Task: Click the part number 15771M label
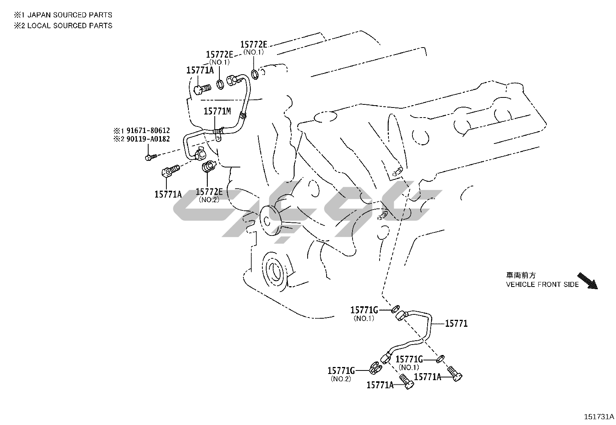pyautogui.click(x=217, y=112)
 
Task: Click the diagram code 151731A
pyautogui.click(x=599, y=417)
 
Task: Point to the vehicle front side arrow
pyautogui.click(x=587, y=281)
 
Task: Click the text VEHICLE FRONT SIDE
pyautogui.click(x=542, y=285)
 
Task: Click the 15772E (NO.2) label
pyautogui.click(x=209, y=192)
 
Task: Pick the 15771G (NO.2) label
pyautogui.click(x=341, y=371)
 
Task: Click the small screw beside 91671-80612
pyautogui.click(x=151, y=157)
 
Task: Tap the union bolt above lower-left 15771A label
pyautogui.click(x=170, y=171)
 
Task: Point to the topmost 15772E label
pyautogui.click(x=253, y=44)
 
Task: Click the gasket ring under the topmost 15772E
pyautogui.click(x=255, y=73)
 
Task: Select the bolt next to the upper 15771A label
pyautogui.click(x=202, y=90)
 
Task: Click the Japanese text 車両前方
pyautogui.click(x=521, y=275)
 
